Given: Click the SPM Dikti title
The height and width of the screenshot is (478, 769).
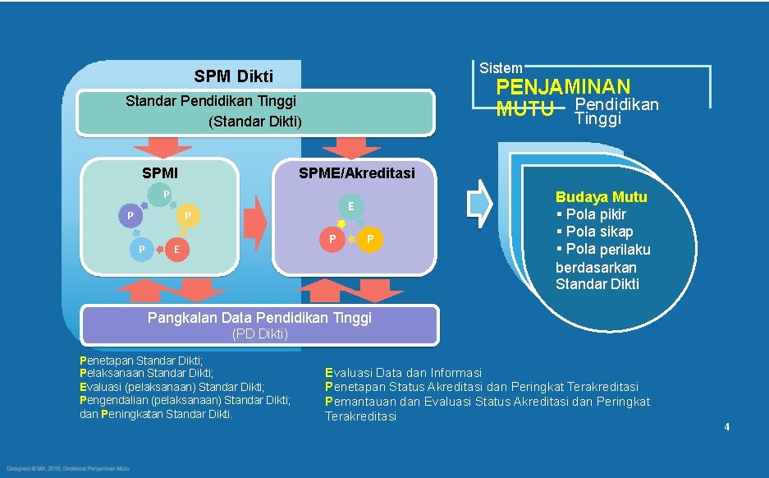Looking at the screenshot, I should [x=234, y=76].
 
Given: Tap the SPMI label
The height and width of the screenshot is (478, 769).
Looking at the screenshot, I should [x=160, y=173].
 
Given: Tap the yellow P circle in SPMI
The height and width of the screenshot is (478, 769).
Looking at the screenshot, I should [x=189, y=216].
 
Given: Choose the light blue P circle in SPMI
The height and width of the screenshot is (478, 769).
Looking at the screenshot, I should [x=142, y=249].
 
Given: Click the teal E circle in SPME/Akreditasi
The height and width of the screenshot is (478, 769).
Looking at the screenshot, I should [x=350, y=206].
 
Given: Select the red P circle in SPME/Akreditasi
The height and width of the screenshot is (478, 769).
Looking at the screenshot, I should [x=332, y=239].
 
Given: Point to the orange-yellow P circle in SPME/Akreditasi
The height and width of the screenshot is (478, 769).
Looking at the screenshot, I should [x=371, y=239].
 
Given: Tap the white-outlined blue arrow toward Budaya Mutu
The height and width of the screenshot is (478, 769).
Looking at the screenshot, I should [x=479, y=203].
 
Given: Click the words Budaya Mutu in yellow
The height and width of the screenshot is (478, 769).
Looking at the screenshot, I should [x=601, y=197].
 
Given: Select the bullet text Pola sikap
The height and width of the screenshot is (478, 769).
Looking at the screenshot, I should [x=597, y=232].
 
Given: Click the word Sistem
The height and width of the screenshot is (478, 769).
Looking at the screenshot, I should [x=501, y=67].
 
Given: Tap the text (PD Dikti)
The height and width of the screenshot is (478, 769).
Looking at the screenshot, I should [x=259, y=333].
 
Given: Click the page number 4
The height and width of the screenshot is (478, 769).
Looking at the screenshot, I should [x=726, y=426].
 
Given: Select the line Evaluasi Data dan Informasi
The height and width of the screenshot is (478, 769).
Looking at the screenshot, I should [x=404, y=373].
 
